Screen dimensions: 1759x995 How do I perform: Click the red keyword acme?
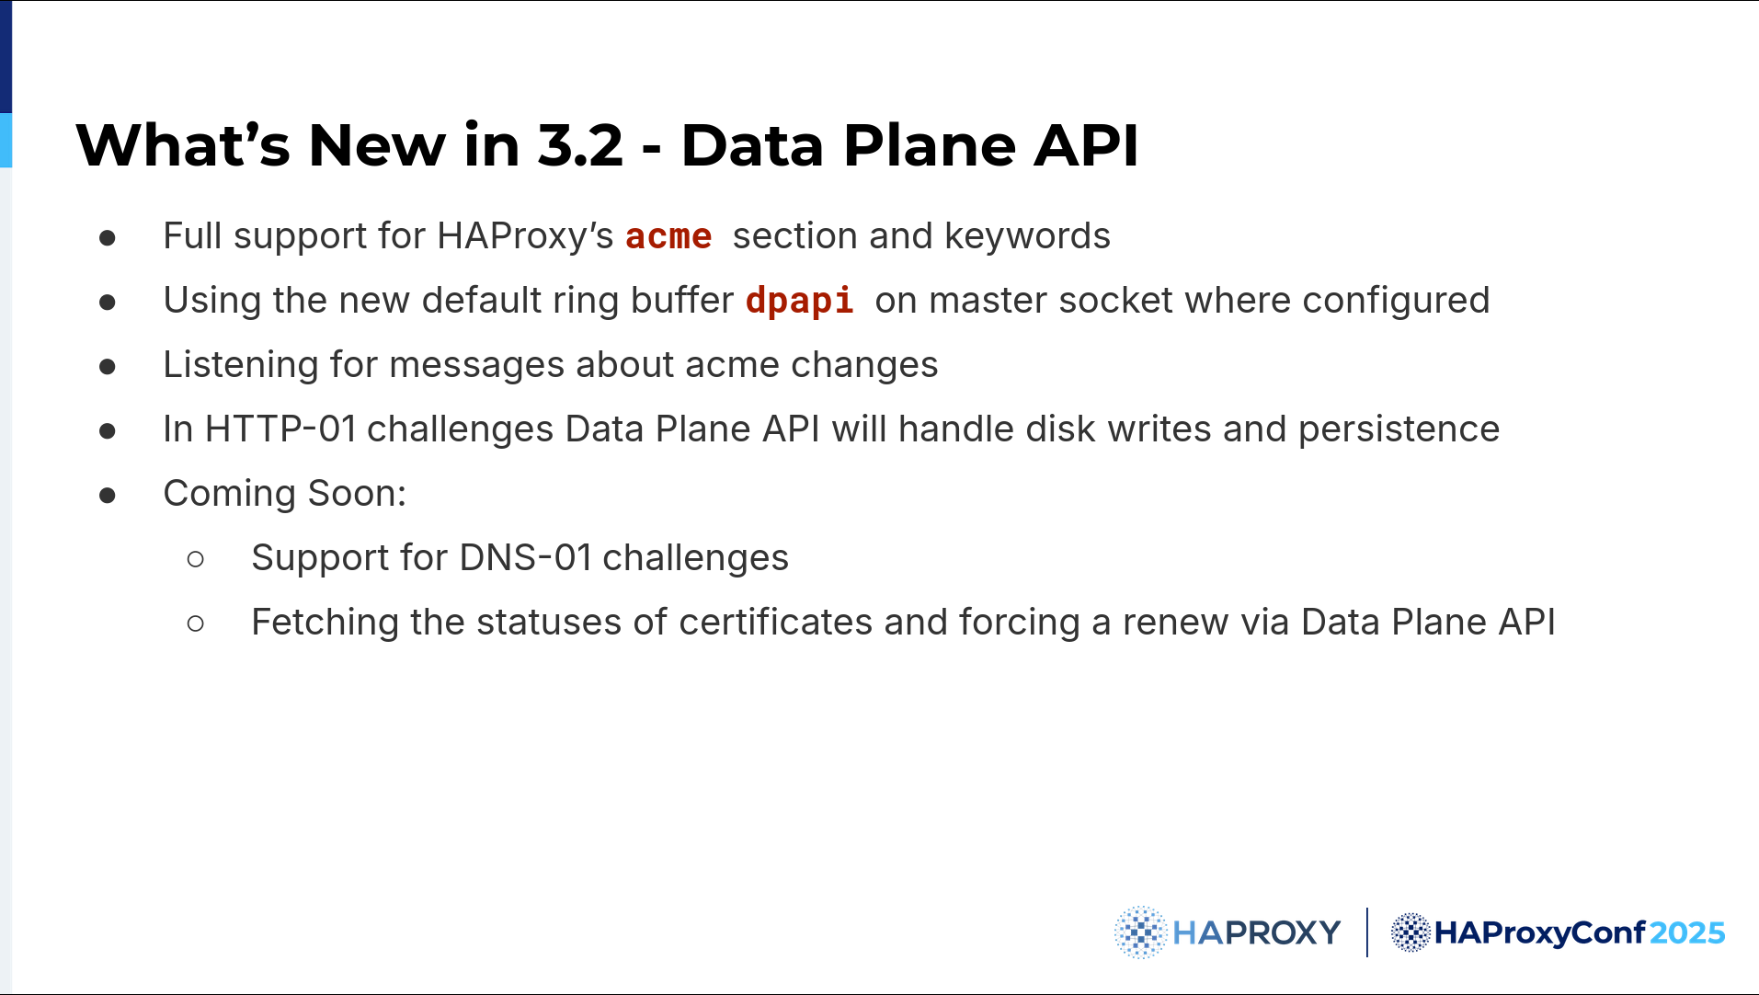(x=668, y=236)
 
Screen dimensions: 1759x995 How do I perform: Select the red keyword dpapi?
(x=799, y=301)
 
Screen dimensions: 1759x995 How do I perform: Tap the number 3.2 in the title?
(x=580, y=145)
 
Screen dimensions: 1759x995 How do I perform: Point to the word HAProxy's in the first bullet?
(x=525, y=236)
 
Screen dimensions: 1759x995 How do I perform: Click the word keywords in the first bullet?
(x=1027, y=236)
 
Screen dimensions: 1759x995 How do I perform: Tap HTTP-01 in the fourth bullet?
(x=280, y=429)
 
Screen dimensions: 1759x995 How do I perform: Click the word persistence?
(x=1399, y=429)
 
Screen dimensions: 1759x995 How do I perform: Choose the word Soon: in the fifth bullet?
(x=357, y=494)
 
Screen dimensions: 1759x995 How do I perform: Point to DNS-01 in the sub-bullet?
(x=525, y=558)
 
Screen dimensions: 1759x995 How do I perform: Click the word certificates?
(x=775, y=623)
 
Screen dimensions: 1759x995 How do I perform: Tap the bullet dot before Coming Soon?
(x=108, y=496)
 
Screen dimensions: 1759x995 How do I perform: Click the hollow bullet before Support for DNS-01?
(x=195, y=559)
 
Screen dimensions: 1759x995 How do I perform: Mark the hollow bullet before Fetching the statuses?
(x=195, y=623)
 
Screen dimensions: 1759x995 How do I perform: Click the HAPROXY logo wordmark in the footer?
(x=1256, y=933)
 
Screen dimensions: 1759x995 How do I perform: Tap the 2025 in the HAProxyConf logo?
(x=1686, y=933)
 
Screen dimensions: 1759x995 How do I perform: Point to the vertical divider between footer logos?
(x=1367, y=932)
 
